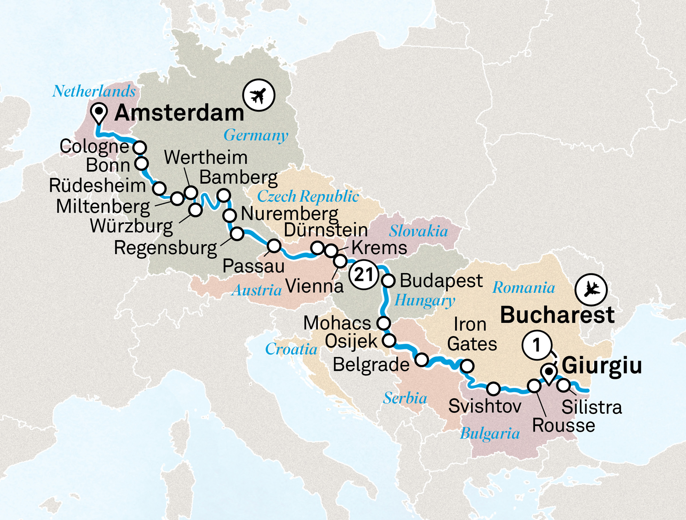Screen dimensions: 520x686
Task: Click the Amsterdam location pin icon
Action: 99,112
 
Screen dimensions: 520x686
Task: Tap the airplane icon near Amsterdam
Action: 259,95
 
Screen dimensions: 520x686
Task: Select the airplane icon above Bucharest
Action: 591,290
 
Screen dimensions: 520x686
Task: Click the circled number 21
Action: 364,274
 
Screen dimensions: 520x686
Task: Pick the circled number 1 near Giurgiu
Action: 537,345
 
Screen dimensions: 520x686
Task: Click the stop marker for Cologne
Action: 140,147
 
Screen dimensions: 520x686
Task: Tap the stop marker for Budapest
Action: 389,281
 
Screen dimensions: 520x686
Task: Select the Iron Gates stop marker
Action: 467,366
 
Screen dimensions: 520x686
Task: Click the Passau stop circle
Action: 274,246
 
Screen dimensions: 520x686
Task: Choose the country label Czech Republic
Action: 308,197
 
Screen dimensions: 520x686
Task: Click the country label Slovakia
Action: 418,231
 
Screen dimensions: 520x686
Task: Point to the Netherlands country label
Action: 94,91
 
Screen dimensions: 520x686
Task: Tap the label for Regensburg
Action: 165,248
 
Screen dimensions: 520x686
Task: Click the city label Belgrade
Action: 371,364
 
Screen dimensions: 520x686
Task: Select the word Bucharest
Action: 557,315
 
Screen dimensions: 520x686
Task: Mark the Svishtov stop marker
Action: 493,389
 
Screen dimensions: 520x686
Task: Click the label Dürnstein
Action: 326,230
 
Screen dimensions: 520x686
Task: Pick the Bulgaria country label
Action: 489,434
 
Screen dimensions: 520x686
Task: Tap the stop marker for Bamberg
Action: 224,195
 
